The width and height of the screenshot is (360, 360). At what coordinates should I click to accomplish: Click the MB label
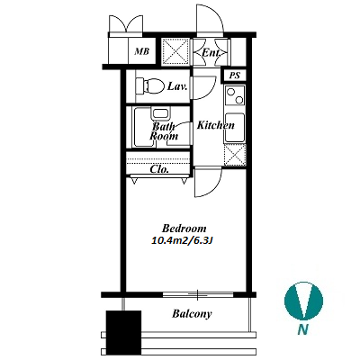pyautogui.click(x=141, y=51)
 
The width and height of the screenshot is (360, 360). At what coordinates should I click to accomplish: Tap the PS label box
pyautogui.click(x=235, y=76)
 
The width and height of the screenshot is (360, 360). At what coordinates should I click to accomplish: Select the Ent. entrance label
pyautogui.click(x=211, y=53)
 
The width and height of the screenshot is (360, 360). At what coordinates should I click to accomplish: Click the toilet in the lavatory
pyautogui.click(x=149, y=85)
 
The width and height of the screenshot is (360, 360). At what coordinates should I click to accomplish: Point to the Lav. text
pyautogui.click(x=177, y=86)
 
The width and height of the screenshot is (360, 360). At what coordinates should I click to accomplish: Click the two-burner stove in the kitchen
pyautogui.click(x=235, y=95)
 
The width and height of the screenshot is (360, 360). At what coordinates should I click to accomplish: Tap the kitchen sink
pyautogui.click(x=235, y=127)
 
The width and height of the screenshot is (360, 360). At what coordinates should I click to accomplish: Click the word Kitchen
pyautogui.click(x=215, y=125)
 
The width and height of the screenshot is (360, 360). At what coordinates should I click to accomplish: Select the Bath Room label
pyautogui.click(x=164, y=131)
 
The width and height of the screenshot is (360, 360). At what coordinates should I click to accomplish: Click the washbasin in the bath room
pyautogui.click(x=162, y=113)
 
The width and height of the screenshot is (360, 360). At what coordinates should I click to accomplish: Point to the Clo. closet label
pyautogui.click(x=159, y=169)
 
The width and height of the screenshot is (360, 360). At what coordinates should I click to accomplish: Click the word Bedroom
pyautogui.click(x=184, y=229)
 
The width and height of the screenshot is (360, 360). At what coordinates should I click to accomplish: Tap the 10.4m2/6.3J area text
pyautogui.click(x=183, y=240)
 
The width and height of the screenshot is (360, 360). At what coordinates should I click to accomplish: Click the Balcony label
pyautogui.click(x=192, y=314)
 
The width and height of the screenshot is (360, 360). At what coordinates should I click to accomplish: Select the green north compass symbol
pyautogui.click(x=303, y=301)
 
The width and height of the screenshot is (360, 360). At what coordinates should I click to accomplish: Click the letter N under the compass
pyautogui.click(x=303, y=330)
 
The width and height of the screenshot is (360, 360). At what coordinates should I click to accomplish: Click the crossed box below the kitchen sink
pyautogui.click(x=235, y=155)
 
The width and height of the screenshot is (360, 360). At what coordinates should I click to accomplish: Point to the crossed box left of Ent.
pyautogui.click(x=175, y=51)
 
